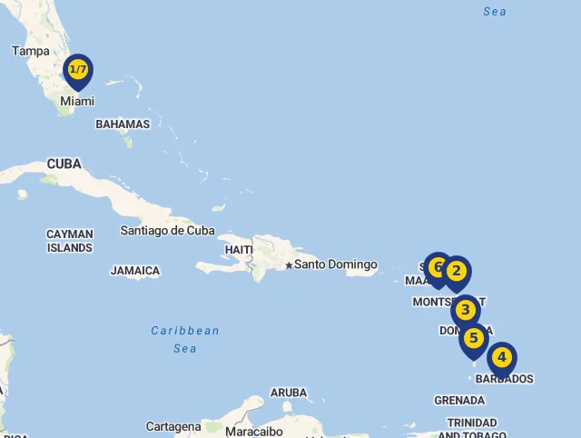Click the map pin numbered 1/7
78,70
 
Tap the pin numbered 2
456,271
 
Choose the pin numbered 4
501,358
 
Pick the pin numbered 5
473,339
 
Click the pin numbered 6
438,267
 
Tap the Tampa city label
31,51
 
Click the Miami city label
77,101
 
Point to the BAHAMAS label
123,124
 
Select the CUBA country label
64,164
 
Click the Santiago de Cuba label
167,231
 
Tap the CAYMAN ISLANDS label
70,241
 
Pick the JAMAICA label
135,271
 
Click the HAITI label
239,250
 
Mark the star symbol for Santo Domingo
289,265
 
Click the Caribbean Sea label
185,339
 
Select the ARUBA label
289,393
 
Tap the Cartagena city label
173,426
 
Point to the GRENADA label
459,400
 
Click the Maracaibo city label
254,431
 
